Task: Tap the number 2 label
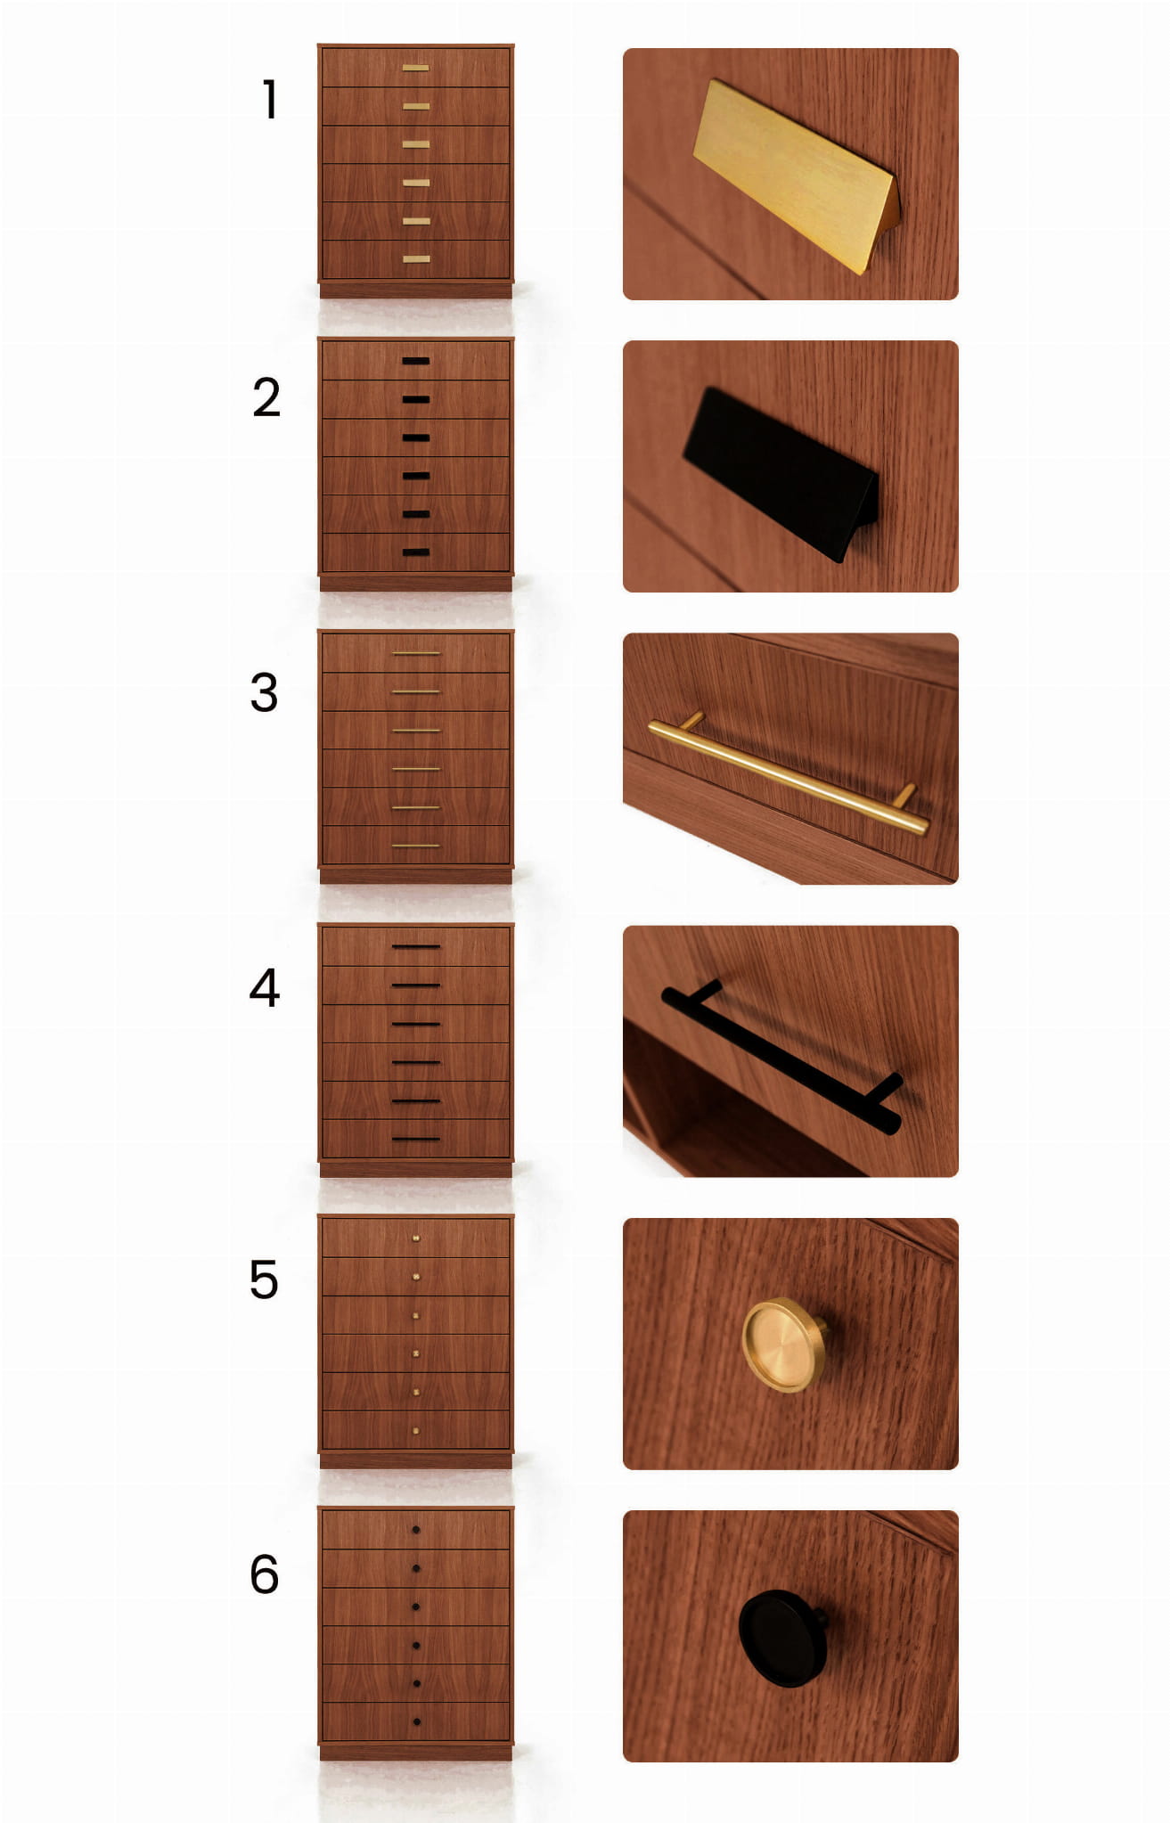coord(266,397)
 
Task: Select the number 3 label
coord(264,692)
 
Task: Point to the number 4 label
coord(264,987)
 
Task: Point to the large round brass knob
coord(783,1345)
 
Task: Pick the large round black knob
coord(781,1638)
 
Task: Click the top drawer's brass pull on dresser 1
coord(415,68)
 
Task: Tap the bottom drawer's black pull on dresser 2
coord(415,552)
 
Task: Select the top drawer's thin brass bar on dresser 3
coord(416,653)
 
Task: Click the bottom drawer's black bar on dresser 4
coord(416,1139)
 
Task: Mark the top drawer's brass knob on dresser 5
coord(416,1238)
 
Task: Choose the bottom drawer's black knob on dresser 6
coord(416,1721)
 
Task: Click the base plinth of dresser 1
coord(415,290)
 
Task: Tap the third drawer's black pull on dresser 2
coord(415,437)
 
